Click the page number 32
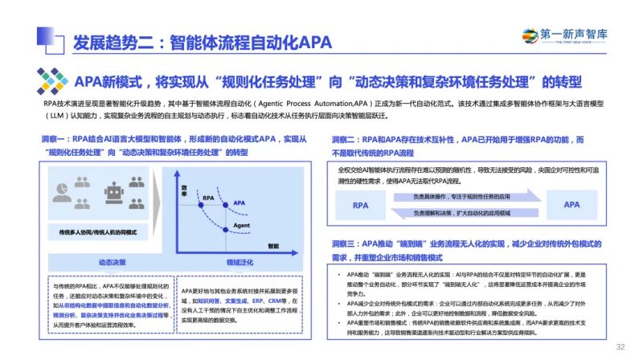coord(620,347)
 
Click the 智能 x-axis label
coord(273,246)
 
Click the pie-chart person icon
coord(63,192)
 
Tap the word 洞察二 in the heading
coord(347,139)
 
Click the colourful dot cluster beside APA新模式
coord(52,81)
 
